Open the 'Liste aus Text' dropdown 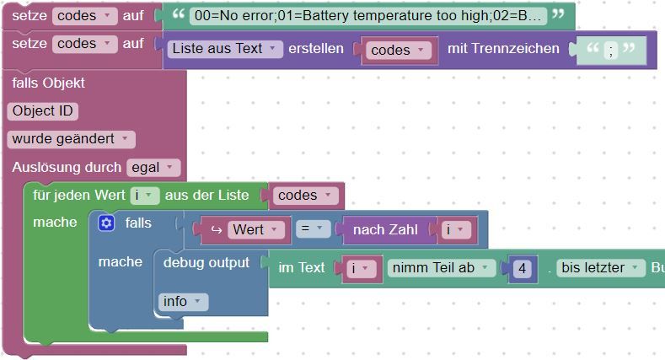pos(224,49)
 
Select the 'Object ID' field pos(43,110)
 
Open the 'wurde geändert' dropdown pos(70,139)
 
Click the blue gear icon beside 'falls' pos(106,223)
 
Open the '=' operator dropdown pos(312,229)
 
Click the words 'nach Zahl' pos(381,229)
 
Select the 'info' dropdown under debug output pos(182,301)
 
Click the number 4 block pos(523,268)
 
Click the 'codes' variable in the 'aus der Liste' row pos(303,196)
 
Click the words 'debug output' pos(206,262)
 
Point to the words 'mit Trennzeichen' pos(503,49)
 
